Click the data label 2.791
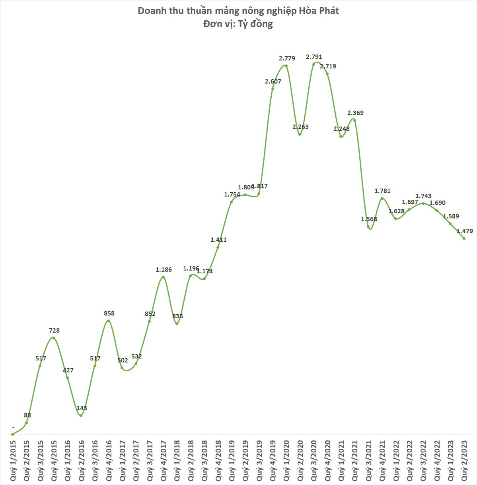tap(314, 57)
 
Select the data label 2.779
tap(287, 58)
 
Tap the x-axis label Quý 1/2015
tap(14, 460)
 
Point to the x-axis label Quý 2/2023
tap(464, 460)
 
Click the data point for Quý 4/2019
tap(273, 89)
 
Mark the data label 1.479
tap(465, 231)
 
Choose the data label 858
tap(109, 314)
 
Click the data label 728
tap(54, 330)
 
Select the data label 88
tap(27, 415)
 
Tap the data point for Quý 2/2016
tap(81, 416)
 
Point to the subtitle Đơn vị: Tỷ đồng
tap(238, 24)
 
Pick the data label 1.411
tap(218, 240)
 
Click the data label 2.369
tap(355, 113)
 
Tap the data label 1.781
tap(382, 191)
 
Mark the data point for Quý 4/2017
tap(163, 277)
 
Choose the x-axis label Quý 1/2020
tap(286, 460)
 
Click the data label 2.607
tap(273, 82)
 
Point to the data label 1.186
tap(164, 270)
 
